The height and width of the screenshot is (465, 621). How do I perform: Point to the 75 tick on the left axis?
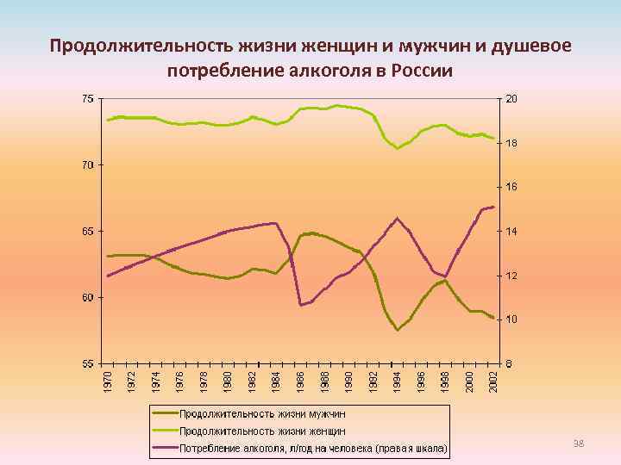click(89, 99)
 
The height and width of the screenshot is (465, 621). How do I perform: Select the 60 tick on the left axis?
click(89, 297)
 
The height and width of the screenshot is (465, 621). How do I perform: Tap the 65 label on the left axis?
click(89, 231)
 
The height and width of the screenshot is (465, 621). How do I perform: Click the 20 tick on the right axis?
click(511, 99)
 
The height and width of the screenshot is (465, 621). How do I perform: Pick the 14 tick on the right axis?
click(511, 232)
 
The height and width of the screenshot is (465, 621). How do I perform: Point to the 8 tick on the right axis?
click(510, 363)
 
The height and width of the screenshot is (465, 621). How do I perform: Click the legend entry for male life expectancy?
click(261, 414)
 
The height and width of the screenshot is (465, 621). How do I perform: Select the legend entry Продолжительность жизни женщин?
click(262, 431)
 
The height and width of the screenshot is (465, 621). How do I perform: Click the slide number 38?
click(579, 443)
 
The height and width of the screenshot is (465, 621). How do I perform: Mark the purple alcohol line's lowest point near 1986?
click(300, 305)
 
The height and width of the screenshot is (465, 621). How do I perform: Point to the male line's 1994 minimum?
click(397, 330)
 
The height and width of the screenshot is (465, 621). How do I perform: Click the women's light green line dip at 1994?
click(397, 148)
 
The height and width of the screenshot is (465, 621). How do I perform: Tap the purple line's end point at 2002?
click(492, 207)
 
